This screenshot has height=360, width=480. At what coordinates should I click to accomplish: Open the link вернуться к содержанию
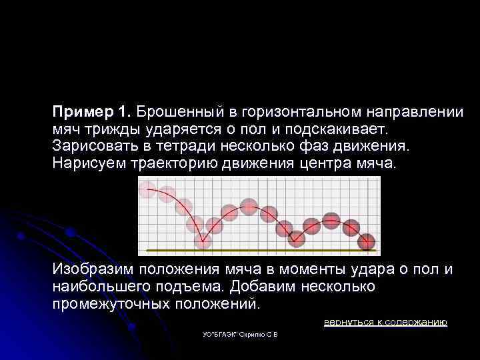click(385, 322)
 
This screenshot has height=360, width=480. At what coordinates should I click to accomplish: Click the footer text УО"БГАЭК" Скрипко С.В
click(240, 333)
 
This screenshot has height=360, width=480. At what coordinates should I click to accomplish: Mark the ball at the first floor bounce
click(203, 239)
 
